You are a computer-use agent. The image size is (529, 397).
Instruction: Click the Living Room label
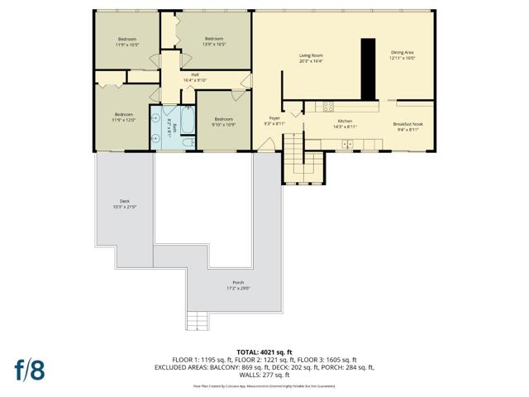pos(311,55)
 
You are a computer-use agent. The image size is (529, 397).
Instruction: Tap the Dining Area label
pos(402,52)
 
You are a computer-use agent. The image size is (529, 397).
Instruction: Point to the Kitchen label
pos(345,121)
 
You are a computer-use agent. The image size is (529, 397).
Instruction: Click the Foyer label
pos(274,118)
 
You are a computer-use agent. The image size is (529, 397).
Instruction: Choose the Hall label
pos(194,74)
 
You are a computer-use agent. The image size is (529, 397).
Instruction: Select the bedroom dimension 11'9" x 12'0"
pos(124,120)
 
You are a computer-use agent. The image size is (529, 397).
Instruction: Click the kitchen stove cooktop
pos(328,105)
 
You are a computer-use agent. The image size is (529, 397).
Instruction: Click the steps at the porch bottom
pos(197,320)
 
